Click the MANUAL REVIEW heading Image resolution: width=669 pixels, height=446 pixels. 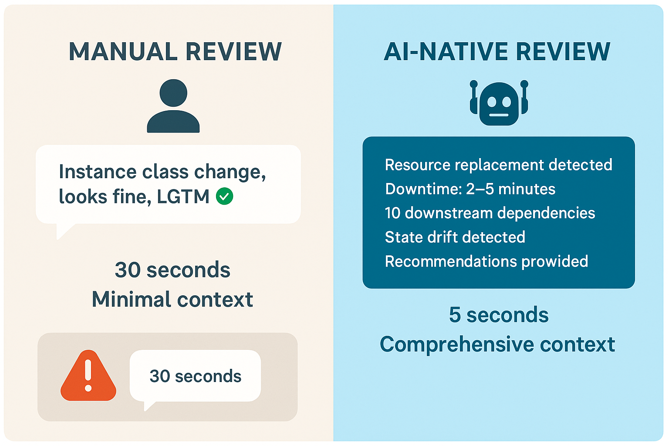coord(176,52)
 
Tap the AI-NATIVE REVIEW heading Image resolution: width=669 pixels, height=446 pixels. coord(497,52)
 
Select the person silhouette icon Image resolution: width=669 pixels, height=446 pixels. coord(173,106)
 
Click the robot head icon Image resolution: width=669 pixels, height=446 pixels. coord(499,103)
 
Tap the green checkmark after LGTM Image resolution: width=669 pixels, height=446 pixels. coord(225,196)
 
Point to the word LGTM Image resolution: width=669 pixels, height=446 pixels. coord(183,196)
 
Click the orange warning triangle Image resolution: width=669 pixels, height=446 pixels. coord(88,375)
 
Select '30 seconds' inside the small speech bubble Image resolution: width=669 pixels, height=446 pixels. coord(195,376)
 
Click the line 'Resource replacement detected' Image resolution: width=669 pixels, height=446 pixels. coord(498,165)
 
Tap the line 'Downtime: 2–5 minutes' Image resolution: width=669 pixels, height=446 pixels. coord(470,189)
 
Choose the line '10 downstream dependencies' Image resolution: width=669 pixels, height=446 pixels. coord(490,213)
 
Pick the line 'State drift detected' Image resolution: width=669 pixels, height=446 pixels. coord(455,237)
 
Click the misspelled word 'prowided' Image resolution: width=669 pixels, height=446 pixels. coord(554,262)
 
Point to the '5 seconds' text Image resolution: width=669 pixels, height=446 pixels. coord(499,315)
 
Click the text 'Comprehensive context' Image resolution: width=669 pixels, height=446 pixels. coord(497,345)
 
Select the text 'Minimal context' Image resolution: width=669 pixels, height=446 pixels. coord(172,299)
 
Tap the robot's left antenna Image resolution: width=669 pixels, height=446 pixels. coord(474,93)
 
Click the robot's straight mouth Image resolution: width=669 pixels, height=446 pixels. coord(499,115)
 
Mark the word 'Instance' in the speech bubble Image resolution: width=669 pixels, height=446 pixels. coord(98,172)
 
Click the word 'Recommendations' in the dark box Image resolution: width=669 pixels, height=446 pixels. coord(451,261)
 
